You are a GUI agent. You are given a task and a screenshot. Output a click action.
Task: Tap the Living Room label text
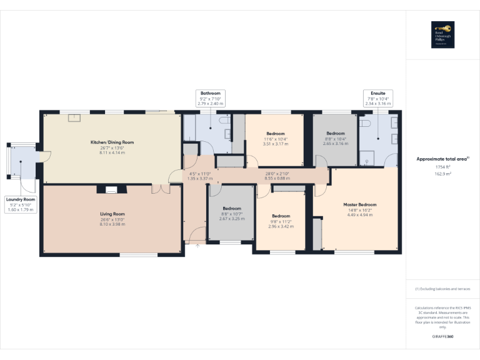coord(112,214)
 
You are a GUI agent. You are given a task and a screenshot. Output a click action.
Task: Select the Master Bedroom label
coord(359,204)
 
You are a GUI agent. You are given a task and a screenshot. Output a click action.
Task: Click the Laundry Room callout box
coord(21,204)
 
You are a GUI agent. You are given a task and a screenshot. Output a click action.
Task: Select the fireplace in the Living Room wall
coord(112,189)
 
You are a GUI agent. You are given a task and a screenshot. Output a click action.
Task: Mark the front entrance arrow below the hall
coord(198,246)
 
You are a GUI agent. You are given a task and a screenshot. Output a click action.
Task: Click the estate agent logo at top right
coord(442,35)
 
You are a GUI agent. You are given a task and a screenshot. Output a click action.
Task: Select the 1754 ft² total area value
coord(443,167)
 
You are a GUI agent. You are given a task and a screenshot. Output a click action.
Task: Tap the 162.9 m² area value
coord(443,174)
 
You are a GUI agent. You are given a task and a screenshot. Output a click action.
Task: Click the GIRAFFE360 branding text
coord(442,337)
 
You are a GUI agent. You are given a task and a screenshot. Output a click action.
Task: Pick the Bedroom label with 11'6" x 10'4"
coord(276,134)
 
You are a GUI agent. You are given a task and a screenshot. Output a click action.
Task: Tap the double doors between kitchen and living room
coord(160,189)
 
